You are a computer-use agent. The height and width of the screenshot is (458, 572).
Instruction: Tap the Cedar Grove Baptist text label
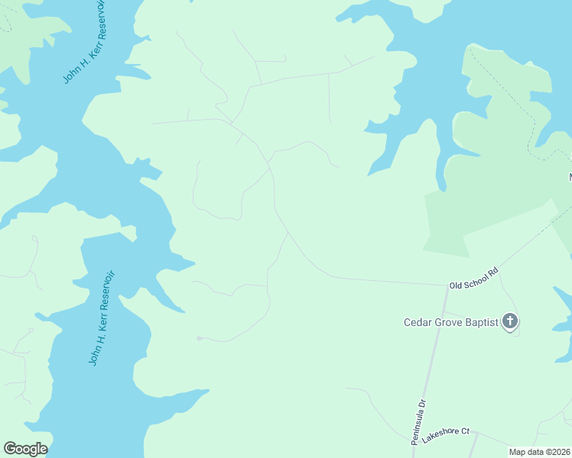click(451, 322)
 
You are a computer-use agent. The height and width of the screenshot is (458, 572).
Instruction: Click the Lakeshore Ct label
click(445, 432)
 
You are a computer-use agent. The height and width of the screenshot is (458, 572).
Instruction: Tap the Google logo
click(25, 449)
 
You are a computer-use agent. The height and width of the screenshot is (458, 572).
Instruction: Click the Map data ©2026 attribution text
click(540, 452)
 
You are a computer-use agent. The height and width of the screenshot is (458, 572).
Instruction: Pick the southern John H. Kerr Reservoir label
click(100, 318)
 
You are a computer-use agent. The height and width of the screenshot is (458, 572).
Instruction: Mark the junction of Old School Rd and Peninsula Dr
click(444, 287)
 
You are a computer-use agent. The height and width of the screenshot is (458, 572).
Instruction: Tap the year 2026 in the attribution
click(561, 452)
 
